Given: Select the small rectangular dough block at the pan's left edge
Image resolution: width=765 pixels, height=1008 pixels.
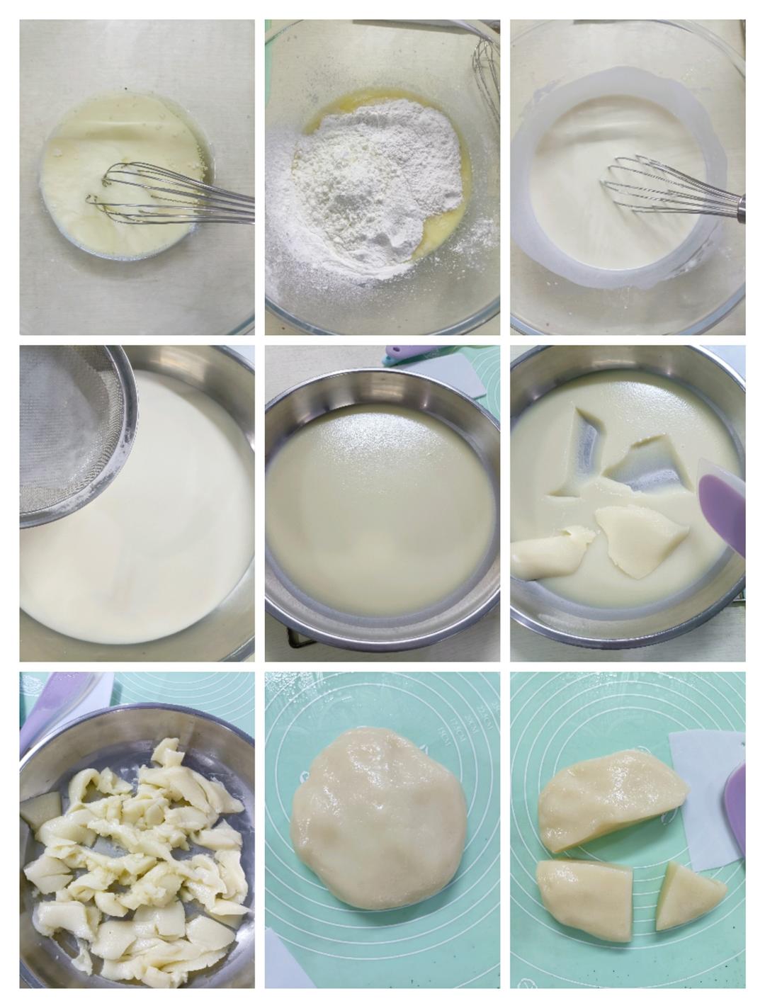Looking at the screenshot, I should click(41, 804).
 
